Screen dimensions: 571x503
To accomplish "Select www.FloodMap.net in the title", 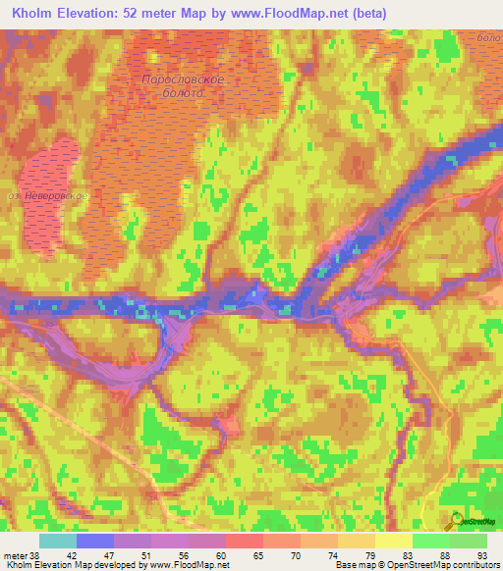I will (295, 14).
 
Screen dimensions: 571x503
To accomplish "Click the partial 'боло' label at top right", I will (488, 36).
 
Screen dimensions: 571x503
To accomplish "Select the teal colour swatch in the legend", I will (58, 540).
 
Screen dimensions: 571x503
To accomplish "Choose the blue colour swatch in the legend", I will (95, 540).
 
